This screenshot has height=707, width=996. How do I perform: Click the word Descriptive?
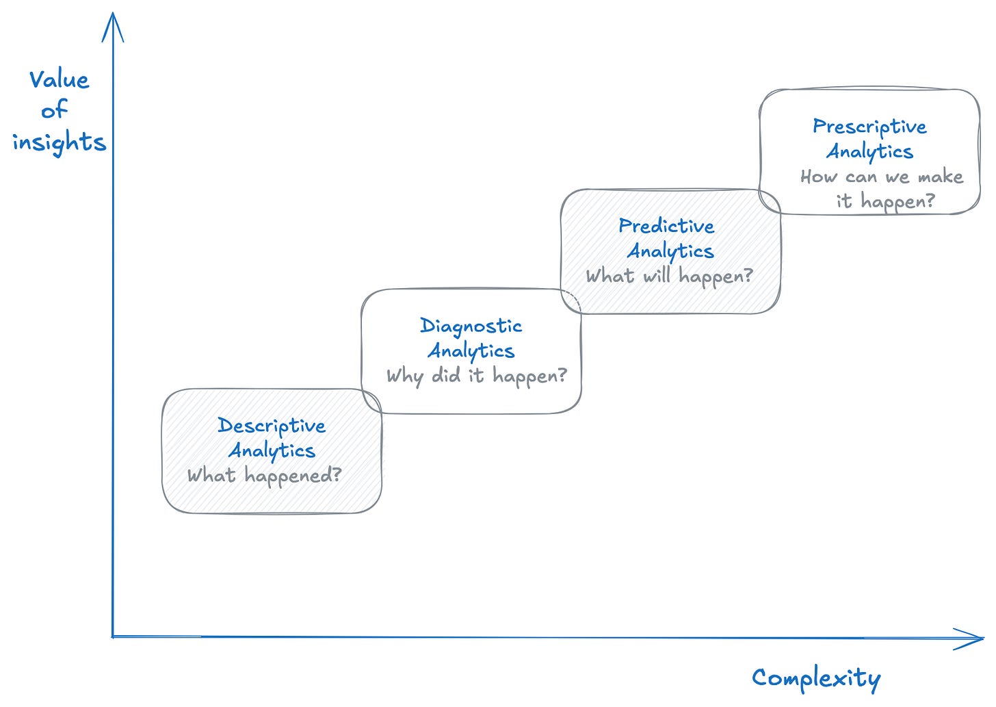[x=272, y=426]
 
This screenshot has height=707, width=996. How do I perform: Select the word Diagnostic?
[x=471, y=326]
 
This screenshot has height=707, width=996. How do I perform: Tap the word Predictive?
[x=666, y=226]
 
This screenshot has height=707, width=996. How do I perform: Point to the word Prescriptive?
[x=869, y=127]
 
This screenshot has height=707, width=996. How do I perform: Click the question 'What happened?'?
[x=264, y=476]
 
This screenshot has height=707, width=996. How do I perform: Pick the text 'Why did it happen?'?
[x=477, y=376]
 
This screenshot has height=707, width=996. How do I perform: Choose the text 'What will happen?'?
[x=669, y=276]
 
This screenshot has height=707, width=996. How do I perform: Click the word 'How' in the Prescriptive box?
[x=818, y=177]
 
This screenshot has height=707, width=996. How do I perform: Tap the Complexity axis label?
[x=816, y=678]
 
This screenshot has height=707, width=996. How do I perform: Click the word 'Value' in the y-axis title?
[x=59, y=80]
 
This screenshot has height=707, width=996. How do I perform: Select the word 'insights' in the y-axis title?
[x=60, y=142]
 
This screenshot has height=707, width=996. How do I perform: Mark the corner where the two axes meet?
[x=113, y=637]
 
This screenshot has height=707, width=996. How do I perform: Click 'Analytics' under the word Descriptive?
[x=272, y=450]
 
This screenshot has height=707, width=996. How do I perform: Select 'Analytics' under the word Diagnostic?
[x=471, y=350]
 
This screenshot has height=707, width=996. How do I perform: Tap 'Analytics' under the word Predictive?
[x=670, y=251]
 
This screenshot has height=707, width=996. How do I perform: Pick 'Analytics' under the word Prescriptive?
[x=869, y=151]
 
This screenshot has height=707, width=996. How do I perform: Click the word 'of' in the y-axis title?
[x=54, y=110]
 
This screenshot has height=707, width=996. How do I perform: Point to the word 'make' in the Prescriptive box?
[x=940, y=177]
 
